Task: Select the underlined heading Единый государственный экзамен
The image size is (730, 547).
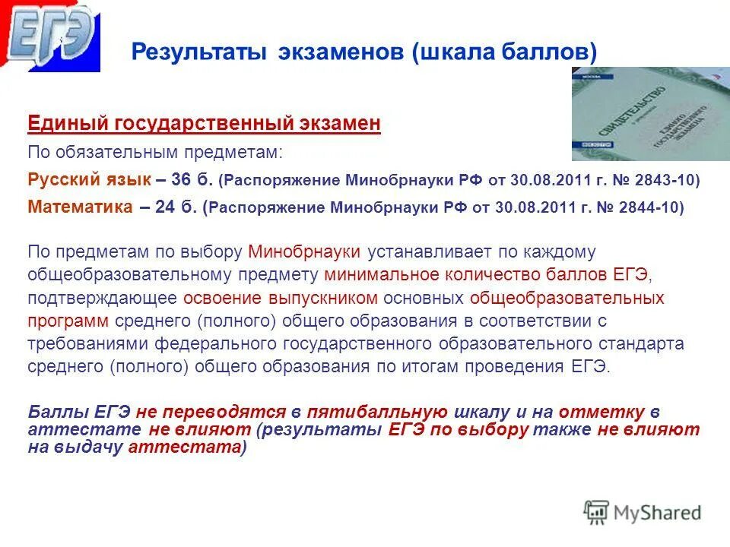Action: tap(204, 124)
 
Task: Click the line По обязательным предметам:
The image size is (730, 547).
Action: tap(155, 152)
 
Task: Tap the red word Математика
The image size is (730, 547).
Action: tap(81, 207)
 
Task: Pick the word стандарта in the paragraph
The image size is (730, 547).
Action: tap(647, 343)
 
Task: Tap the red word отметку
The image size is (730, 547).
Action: tap(601, 412)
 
